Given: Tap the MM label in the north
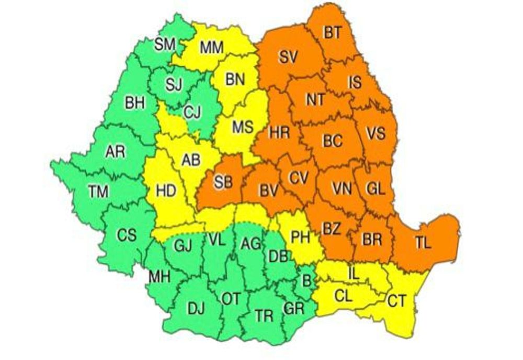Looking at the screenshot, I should pos(212,48).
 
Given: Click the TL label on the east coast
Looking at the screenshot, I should pos(424,242).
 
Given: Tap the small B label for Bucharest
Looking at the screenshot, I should pos(306,280).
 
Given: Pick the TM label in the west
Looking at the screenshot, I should pos(98,192).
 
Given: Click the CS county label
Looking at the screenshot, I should pos(127,235).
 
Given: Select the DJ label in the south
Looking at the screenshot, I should pos(196,309).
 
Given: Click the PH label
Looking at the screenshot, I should pos(301,238).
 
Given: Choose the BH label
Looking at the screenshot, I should pos(134,103).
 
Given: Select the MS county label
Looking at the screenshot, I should pos(242,126).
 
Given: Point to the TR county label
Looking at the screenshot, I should pos(265,316).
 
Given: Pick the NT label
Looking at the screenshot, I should pos(315,100).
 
